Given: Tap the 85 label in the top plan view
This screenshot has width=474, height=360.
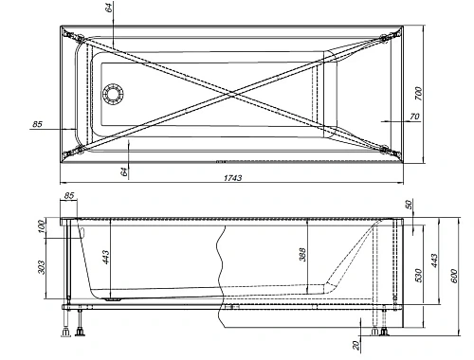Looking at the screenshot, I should click(37, 124).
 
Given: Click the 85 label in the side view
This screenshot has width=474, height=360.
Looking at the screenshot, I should click(67, 197).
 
